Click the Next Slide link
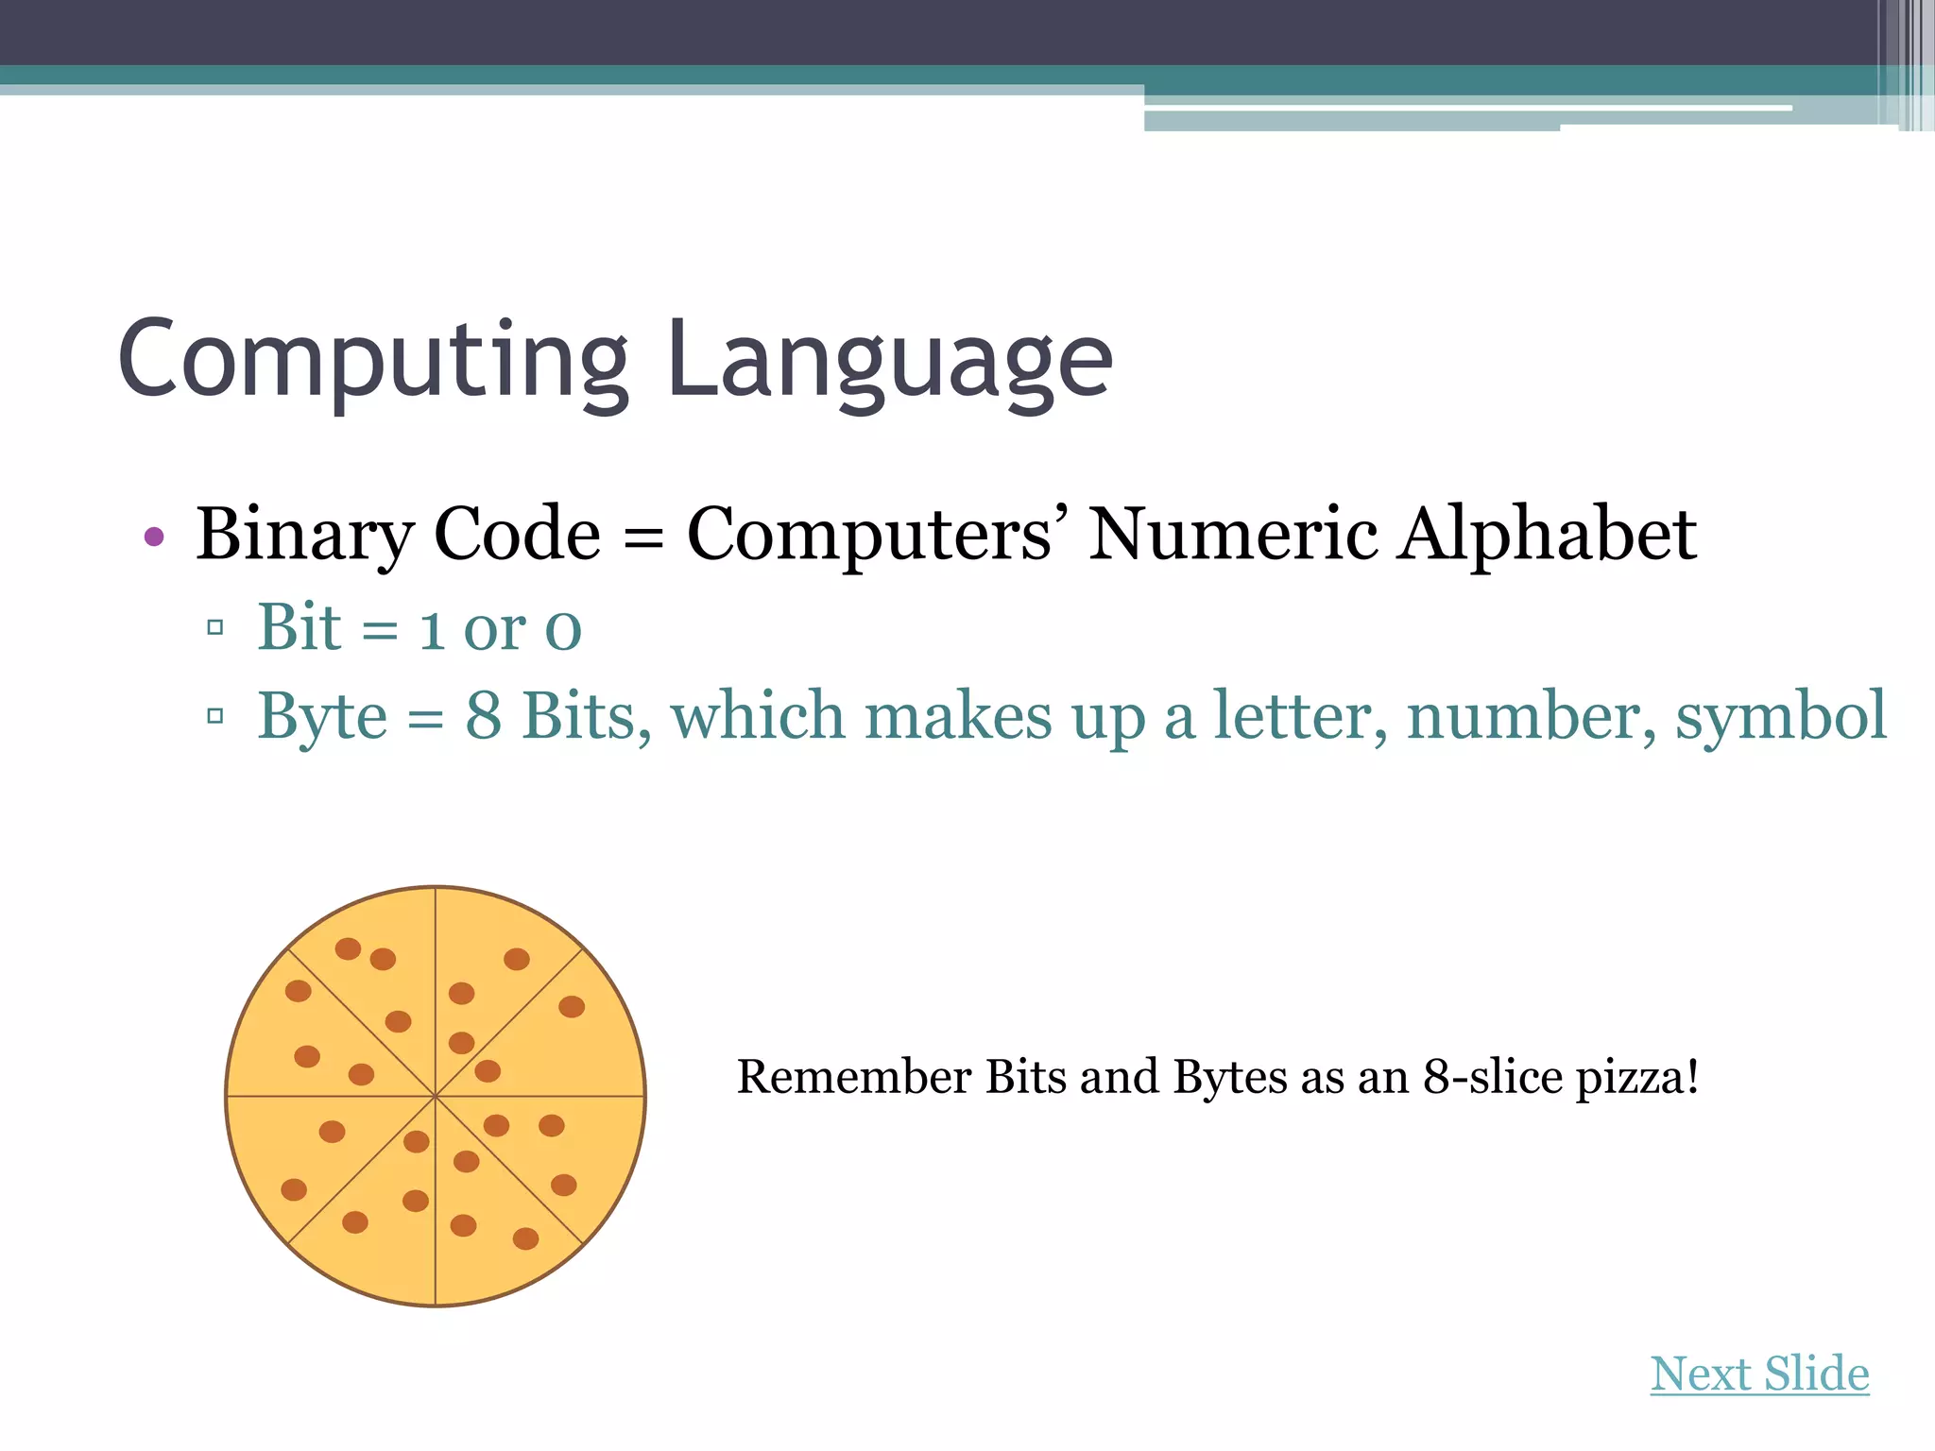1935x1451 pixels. [1759, 1374]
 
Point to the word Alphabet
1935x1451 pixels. [1548, 535]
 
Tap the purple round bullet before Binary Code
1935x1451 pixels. [154, 538]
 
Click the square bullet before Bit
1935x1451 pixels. [215, 626]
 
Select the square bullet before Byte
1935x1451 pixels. [215, 715]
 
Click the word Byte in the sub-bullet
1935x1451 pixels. [322, 717]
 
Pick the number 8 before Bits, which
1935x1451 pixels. [483, 716]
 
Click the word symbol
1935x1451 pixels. [1781, 716]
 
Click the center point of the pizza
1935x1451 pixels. [436, 1097]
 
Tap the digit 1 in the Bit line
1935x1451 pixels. [432, 628]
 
